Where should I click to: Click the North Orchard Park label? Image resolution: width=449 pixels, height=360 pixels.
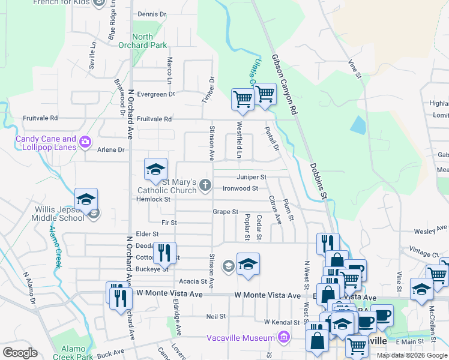tap(142, 41)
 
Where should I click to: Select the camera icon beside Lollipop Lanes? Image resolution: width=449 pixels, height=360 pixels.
tap(85, 142)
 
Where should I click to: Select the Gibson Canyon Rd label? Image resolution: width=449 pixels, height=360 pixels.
tap(285, 86)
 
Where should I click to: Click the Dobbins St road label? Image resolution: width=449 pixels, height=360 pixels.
tap(318, 180)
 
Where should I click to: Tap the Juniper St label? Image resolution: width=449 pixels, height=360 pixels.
tap(251, 177)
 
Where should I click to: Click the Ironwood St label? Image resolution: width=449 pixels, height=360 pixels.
tap(240, 188)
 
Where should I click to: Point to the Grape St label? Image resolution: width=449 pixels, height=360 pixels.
tap(226, 212)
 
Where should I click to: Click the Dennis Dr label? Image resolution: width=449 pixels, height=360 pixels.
tap(151, 14)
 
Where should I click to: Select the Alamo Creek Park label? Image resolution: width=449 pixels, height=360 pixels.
tap(72, 353)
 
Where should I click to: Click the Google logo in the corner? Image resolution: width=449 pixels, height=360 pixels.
tap(20, 353)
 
